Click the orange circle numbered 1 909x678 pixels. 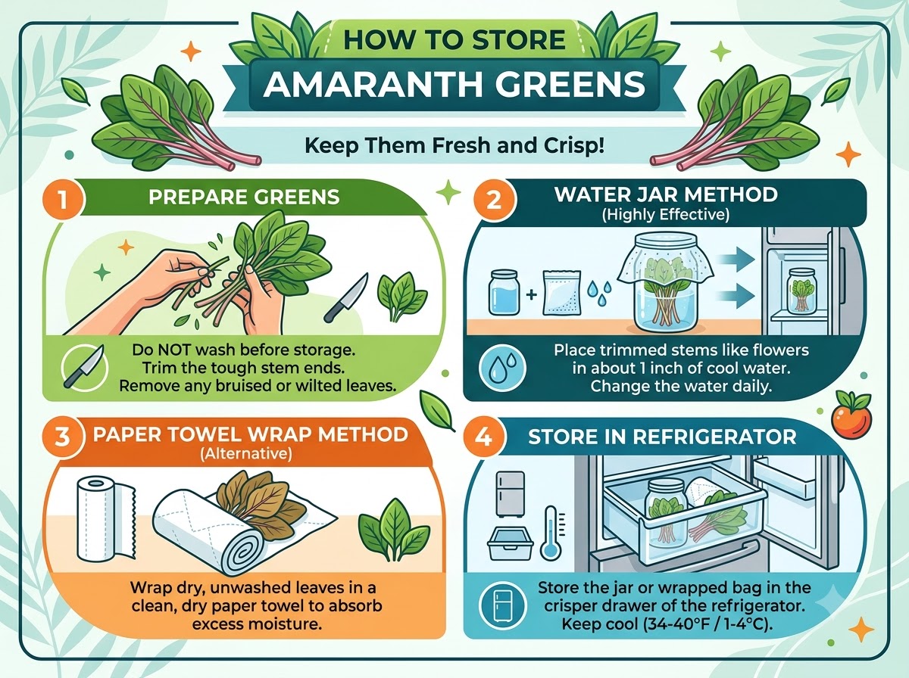tap(63, 199)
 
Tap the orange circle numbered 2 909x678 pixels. tap(494, 201)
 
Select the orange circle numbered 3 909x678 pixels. tap(63, 437)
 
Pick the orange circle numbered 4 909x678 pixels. tap(484, 437)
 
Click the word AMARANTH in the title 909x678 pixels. tap(373, 84)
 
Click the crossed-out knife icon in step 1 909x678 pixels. tap(85, 367)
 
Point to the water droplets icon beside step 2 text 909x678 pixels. tap(502, 367)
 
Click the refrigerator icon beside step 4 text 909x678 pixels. tap(502, 605)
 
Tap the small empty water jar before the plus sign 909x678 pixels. tap(504, 291)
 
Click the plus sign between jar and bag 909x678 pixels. tap(531, 294)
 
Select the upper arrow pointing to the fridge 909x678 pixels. tap(736, 260)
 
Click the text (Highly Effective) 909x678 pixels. tap(666, 215)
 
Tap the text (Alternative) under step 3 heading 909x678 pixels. tap(246, 454)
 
